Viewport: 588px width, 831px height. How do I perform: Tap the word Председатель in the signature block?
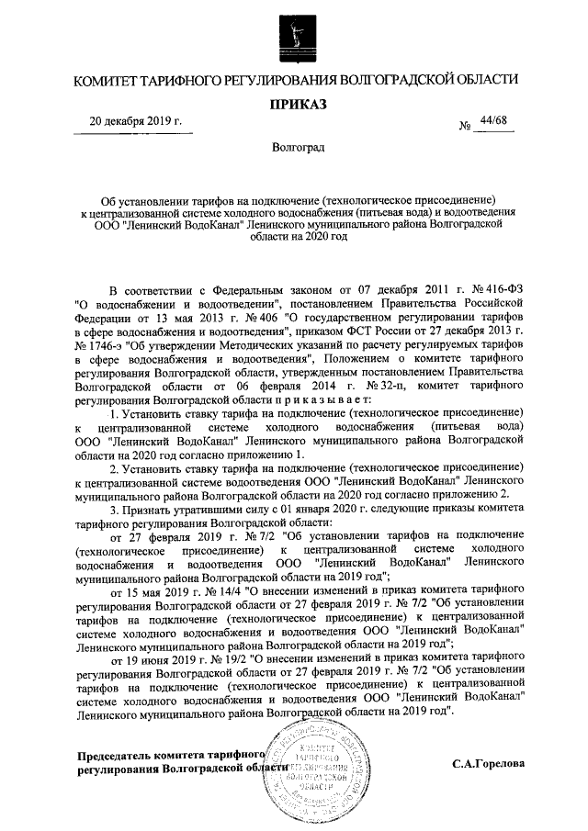click(x=116, y=756)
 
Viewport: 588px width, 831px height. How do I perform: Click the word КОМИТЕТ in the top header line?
click(x=109, y=80)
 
